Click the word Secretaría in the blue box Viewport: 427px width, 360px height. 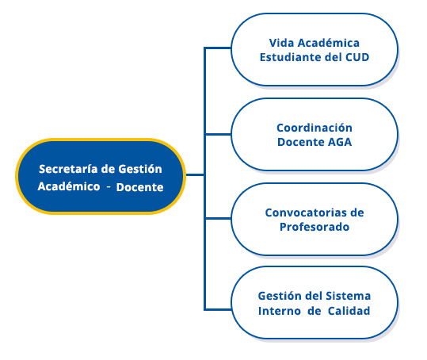69,169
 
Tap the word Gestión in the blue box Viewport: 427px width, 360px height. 140,169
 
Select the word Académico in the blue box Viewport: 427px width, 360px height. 69,186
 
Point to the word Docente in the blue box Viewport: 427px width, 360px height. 140,187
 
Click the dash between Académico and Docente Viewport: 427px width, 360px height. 109,187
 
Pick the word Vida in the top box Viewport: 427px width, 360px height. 281,43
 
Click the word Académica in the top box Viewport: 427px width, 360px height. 329,43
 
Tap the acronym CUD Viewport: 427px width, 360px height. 357,57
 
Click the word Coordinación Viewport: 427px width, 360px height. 315,128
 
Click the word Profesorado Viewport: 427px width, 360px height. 315,227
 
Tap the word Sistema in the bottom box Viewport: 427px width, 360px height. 349,296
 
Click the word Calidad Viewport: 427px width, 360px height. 349,311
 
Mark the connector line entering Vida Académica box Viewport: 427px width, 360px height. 218,48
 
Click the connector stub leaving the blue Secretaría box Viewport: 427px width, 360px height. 195,175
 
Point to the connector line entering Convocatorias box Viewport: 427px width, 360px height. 218,219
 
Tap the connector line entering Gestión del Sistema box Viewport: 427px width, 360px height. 218,309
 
